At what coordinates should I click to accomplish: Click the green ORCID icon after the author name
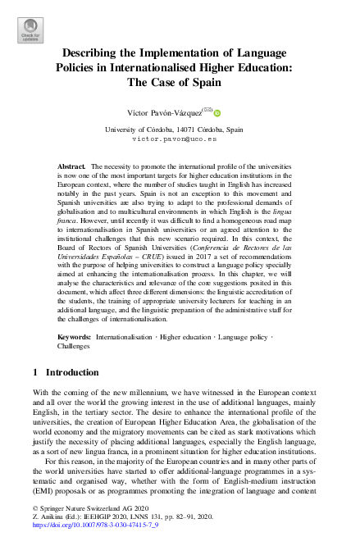coord(219,111)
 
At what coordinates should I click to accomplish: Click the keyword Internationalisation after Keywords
coord(124,337)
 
